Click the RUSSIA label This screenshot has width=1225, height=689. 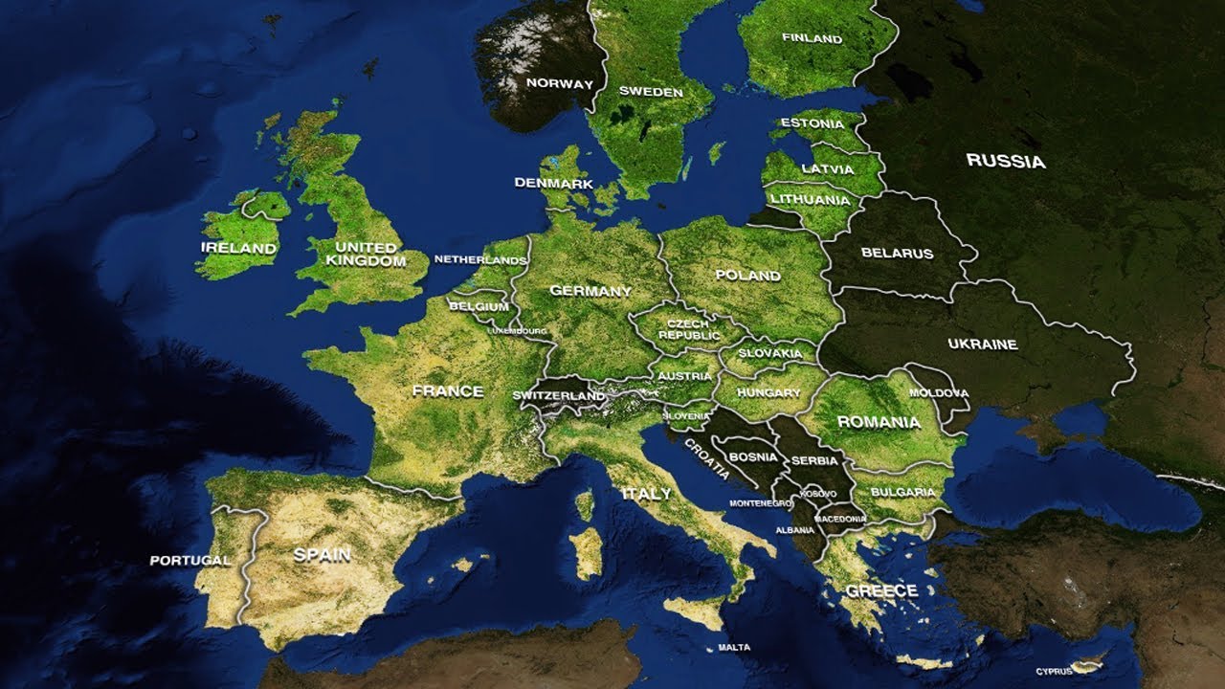(x=1005, y=161)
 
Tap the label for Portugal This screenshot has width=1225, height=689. (x=189, y=560)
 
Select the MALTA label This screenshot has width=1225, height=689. (x=734, y=648)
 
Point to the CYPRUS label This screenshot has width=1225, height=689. (x=1054, y=672)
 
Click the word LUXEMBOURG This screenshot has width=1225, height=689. (x=518, y=331)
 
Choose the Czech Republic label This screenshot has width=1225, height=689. (x=689, y=330)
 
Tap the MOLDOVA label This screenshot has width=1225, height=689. (x=938, y=393)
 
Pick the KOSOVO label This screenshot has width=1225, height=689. (x=818, y=493)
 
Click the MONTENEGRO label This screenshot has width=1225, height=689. (x=760, y=503)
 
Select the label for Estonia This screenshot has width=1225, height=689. (x=812, y=123)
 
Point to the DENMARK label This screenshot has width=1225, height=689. (x=553, y=183)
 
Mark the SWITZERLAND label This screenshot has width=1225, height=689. (x=558, y=395)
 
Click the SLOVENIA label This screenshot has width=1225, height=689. (x=686, y=416)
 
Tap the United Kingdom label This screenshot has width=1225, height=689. (x=366, y=254)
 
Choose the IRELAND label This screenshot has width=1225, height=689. (x=238, y=248)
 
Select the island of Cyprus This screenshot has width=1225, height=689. (x=1089, y=664)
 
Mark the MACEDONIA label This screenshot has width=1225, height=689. (x=840, y=519)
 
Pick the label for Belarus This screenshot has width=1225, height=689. (x=896, y=254)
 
